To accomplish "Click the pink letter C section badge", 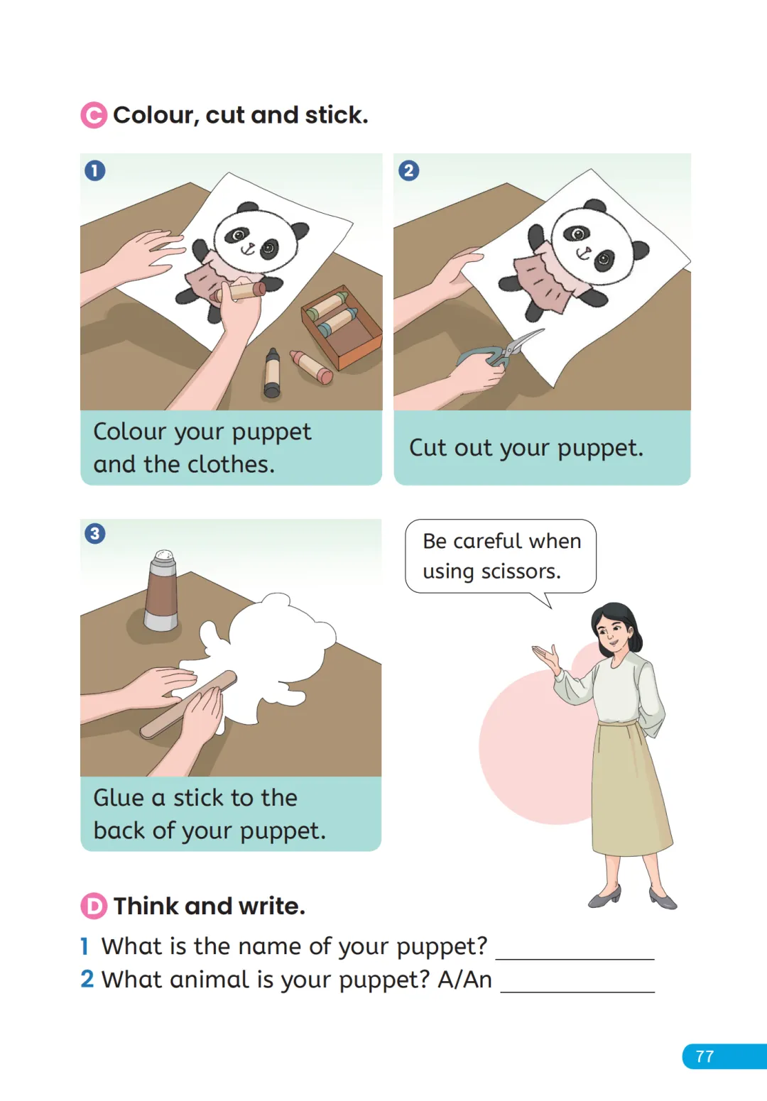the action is point(94,116).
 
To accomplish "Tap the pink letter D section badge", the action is point(94,906).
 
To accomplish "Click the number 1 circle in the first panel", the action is point(95,170).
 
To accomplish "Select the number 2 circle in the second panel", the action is point(408,170).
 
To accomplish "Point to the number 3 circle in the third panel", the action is point(95,533).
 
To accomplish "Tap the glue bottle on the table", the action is point(161,591).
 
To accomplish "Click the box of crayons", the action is point(342,326).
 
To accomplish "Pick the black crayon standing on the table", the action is point(272,373).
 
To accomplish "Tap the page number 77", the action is point(705,1057).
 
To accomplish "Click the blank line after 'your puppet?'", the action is point(575,958).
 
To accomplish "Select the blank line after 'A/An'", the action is point(577,992).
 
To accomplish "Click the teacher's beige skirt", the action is point(632,791).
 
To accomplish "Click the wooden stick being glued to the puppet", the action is point(189,704).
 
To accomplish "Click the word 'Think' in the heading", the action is point(146,906).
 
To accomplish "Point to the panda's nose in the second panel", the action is point(585,249).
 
